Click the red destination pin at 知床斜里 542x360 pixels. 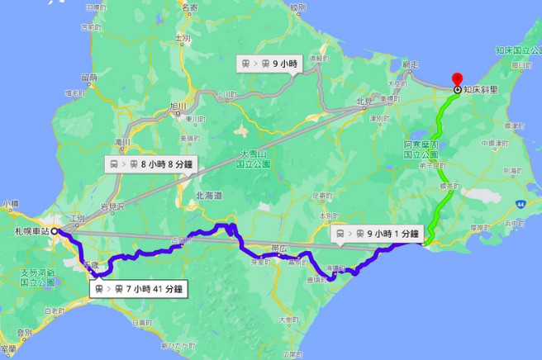tap(458, 82)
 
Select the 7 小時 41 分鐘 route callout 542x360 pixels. tap(138, 289)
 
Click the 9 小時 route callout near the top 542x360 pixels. tap(268, 64)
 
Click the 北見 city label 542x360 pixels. tap(364, 102)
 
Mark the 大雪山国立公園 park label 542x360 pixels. tap(254, 159)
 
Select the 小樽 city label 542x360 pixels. tap(10, 202)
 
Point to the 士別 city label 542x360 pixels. tap(183, 38)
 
